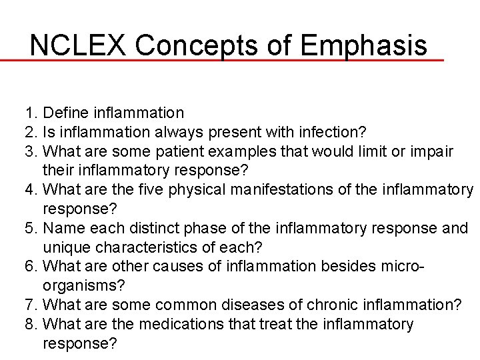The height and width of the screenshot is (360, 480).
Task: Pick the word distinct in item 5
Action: pos(145,229)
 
